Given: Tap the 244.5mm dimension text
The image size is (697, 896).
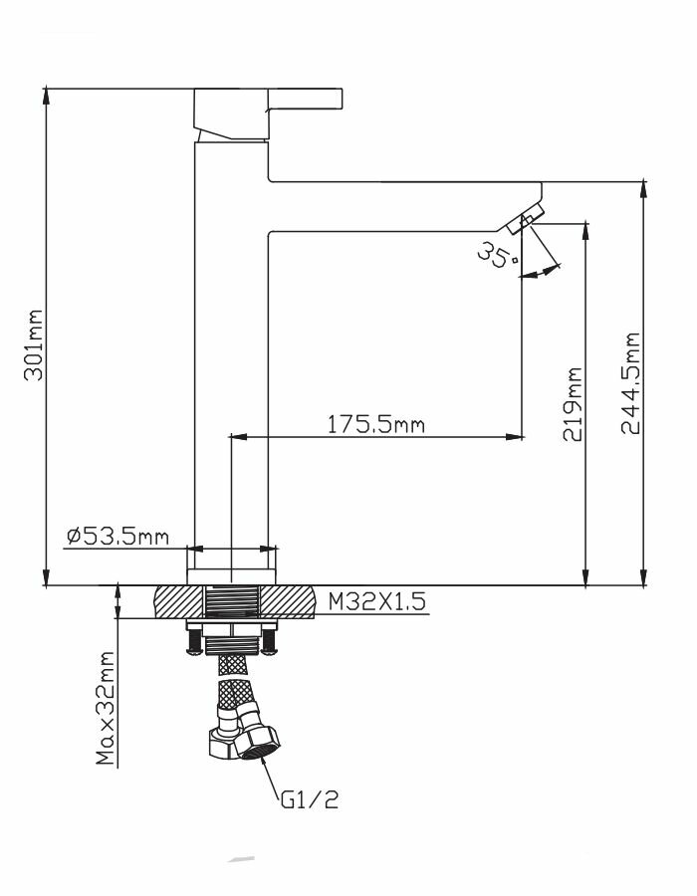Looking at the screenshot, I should pos(629,383).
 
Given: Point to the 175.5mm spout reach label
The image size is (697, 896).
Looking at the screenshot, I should pos(376,424).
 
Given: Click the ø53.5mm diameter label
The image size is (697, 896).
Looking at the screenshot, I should pos(116,538).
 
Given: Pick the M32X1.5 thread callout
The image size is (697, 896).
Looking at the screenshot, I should pos(377,601).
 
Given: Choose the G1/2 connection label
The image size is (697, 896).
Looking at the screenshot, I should pos(310,799).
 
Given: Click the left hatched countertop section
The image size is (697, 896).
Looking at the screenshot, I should pos(177,602).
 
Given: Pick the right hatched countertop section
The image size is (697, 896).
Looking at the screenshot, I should pos(290,602).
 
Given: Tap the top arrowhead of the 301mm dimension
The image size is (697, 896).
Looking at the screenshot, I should pos(46,95).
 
